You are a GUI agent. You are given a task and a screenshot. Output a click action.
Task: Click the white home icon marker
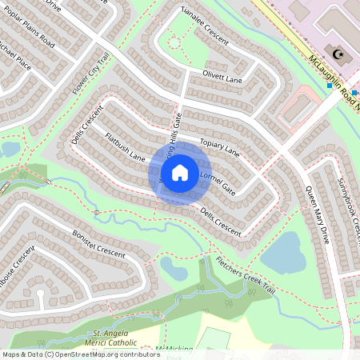coord(180,173)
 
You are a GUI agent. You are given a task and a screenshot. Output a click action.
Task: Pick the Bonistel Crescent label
coord(99,242)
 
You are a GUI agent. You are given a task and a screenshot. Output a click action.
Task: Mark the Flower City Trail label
coord(90,75)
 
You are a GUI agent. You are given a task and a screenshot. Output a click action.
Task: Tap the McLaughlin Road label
coord(333,75)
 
